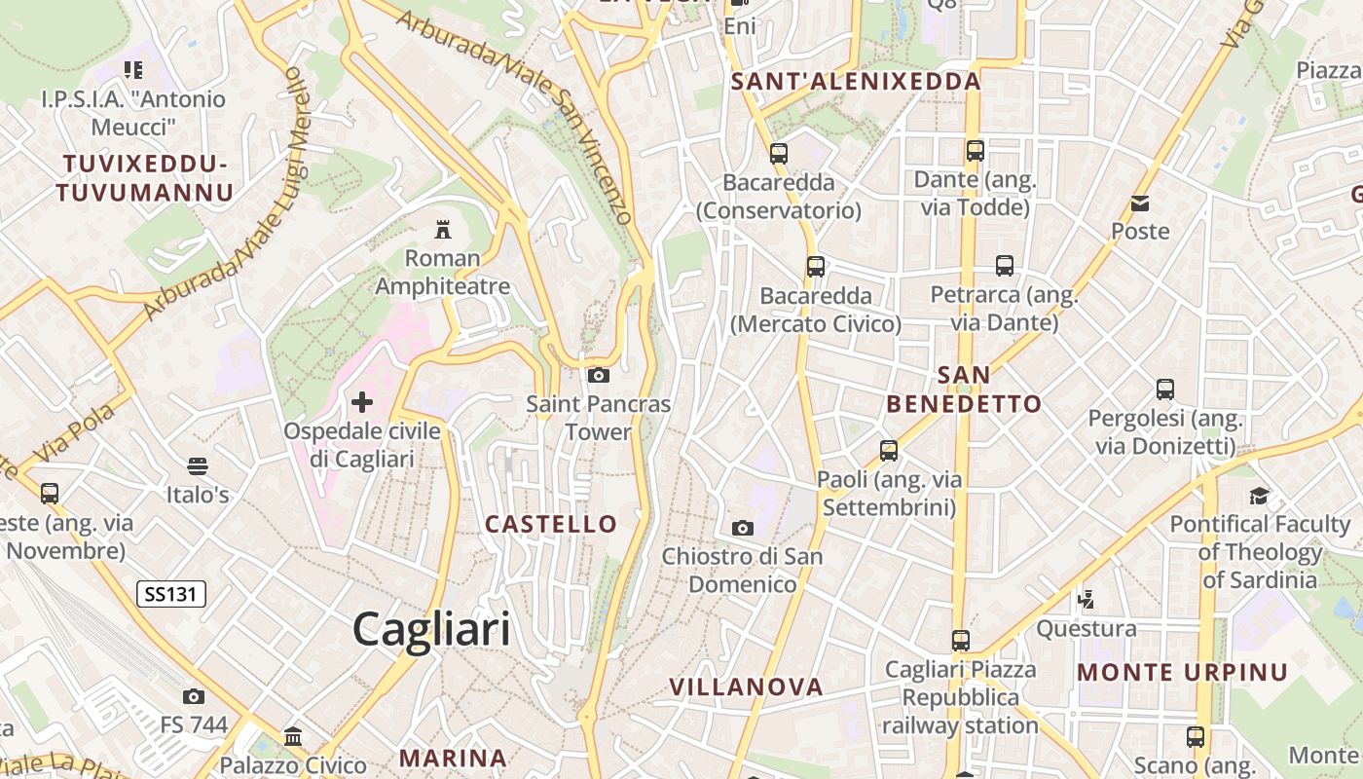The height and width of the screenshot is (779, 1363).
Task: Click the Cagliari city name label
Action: (x=431, y=629)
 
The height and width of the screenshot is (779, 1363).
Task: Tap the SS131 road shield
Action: (x=171, y=594)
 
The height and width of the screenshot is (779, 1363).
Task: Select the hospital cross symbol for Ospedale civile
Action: (x=362, y=401)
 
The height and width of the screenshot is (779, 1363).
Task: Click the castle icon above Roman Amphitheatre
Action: (x=443, y=229)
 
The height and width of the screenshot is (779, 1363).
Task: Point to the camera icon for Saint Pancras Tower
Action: (x=599, y=375)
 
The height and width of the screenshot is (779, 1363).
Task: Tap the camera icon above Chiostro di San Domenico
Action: (x=743, y=528)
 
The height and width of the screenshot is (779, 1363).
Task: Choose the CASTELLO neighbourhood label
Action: (x=551, y=524)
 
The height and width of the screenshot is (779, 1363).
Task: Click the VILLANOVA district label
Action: (x=746, y=686)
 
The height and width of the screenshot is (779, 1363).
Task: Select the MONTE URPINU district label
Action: (x=1182, y=672)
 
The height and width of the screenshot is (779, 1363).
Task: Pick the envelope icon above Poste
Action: (x=1140, y=204)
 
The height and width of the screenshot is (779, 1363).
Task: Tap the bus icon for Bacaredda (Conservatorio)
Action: (x=778, y=153)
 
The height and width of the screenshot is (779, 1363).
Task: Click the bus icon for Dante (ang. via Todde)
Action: (x=975, y=151)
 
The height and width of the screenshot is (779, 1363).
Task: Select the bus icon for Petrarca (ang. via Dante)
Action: (x=1004, y=266)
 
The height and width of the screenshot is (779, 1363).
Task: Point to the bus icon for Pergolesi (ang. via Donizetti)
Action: (x=1165, y=389)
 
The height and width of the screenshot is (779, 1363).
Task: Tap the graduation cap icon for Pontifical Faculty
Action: (x=1260, y=496)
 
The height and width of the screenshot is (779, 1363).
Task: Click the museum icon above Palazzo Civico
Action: (x=293, y=737)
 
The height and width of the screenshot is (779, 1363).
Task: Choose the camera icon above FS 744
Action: (x=194, y=696)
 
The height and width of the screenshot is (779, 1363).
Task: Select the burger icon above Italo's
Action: (x=198, y=466)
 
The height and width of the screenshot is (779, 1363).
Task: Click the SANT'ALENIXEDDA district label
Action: (x=856, y=82)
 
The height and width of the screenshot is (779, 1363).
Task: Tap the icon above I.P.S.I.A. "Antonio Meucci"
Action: (x=133, y=70)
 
